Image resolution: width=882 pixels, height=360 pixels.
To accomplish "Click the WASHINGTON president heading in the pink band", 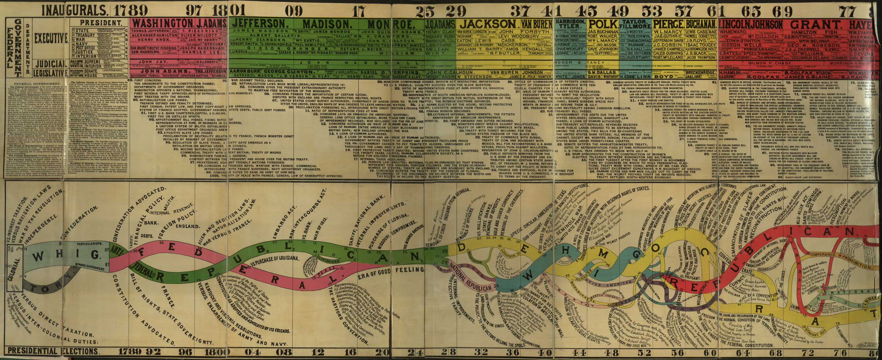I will pos(162,23).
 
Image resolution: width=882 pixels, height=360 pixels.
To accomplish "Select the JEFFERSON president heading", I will pos(259,23).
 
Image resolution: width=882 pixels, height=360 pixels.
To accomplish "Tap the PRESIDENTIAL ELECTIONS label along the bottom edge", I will pos(53,351).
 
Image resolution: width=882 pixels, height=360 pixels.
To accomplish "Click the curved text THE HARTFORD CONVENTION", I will pos(346,310).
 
